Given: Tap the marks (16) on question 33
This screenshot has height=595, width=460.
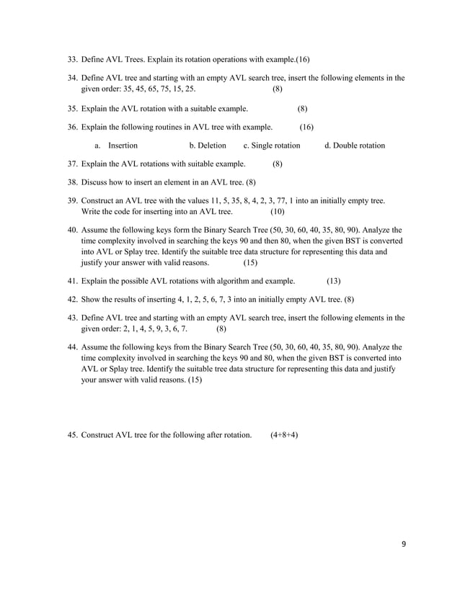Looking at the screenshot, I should pyautogui.click(x=303, y=59).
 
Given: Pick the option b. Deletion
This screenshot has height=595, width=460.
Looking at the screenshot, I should pyautogui.click(x=208, y=146).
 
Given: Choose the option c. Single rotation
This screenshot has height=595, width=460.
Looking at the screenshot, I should pyautogui.click(x=272, y=146).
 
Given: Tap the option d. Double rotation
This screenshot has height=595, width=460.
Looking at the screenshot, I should pyautogui.click(x=355, y=146).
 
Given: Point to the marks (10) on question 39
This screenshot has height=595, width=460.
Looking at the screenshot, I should pyautogui.click(x=278, y=212).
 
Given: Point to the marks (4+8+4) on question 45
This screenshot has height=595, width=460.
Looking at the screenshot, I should pyautogui.click(x=285, y=435).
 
